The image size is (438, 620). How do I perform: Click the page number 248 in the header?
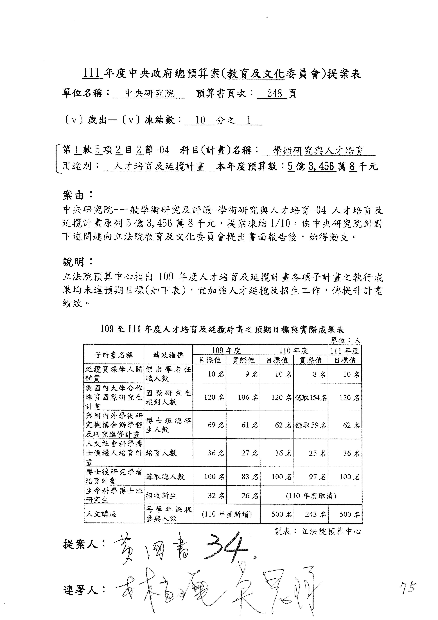pos(275,94)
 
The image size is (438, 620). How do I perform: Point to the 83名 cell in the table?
pos(250,477)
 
